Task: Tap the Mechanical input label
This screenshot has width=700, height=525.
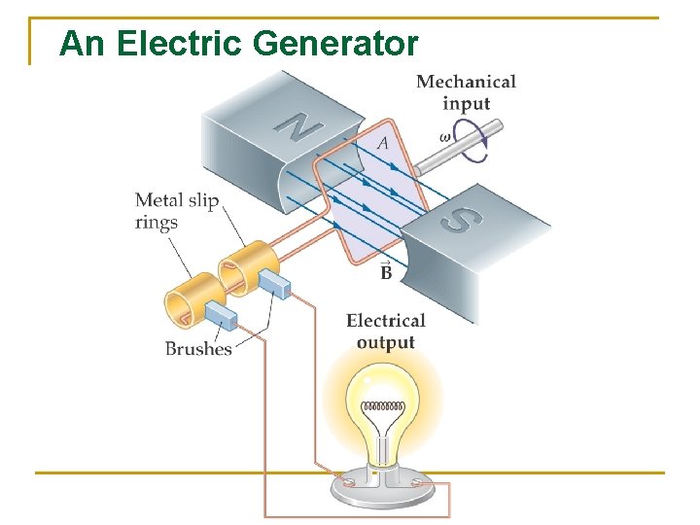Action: [x=466, y=93]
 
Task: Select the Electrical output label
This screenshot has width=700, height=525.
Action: [x=386, y=331]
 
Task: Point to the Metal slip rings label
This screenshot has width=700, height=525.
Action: [x=177, y=211]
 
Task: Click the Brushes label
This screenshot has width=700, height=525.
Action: [x=198, y=348]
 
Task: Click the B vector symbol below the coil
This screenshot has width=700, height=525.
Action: [x=386, y=272]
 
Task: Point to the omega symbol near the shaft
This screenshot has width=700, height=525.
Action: [x=445, y=137]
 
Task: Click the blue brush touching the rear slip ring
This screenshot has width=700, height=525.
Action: [x=275, y=283]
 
